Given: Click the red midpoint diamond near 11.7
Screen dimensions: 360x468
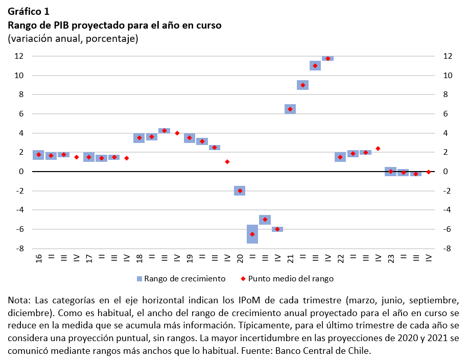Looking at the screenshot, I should [x=328, y=59].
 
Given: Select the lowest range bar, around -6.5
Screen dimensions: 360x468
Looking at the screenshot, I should [x=252, y=234].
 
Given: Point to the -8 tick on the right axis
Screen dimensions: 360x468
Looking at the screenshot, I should [x=446, y=249].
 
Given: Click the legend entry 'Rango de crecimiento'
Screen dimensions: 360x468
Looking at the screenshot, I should [x=184, y=279].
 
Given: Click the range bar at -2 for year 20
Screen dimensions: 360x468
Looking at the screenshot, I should [x=240, y=191].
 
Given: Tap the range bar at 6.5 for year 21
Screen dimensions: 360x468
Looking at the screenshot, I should [x=290, y=109].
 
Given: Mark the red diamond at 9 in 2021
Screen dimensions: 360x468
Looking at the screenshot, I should [x=302, y=85].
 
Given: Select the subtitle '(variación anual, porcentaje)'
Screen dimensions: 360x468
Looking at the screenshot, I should [x=73, y=39].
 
